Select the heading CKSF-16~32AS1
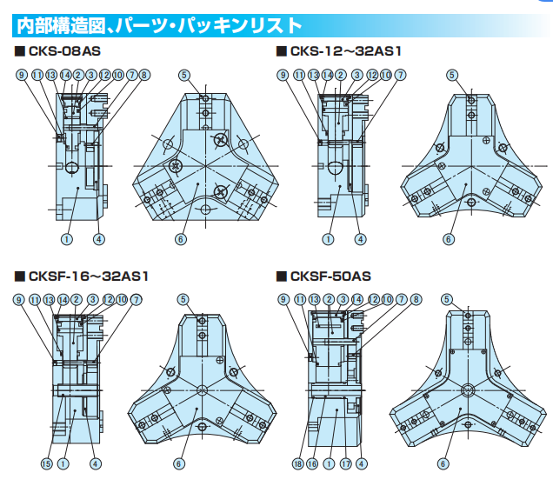(x=88, y=276)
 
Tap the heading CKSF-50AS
(x=330, y=276)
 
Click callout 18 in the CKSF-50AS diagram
(x=297, y=463)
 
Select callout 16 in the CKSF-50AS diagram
(x=311, y=463)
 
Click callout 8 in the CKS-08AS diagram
(x=144, y=76)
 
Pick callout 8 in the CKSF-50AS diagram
(x=414, y=300)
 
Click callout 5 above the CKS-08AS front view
(x=184, y=76)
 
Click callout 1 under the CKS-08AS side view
(x=66, y=238)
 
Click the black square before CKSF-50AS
(x=281, y=276)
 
